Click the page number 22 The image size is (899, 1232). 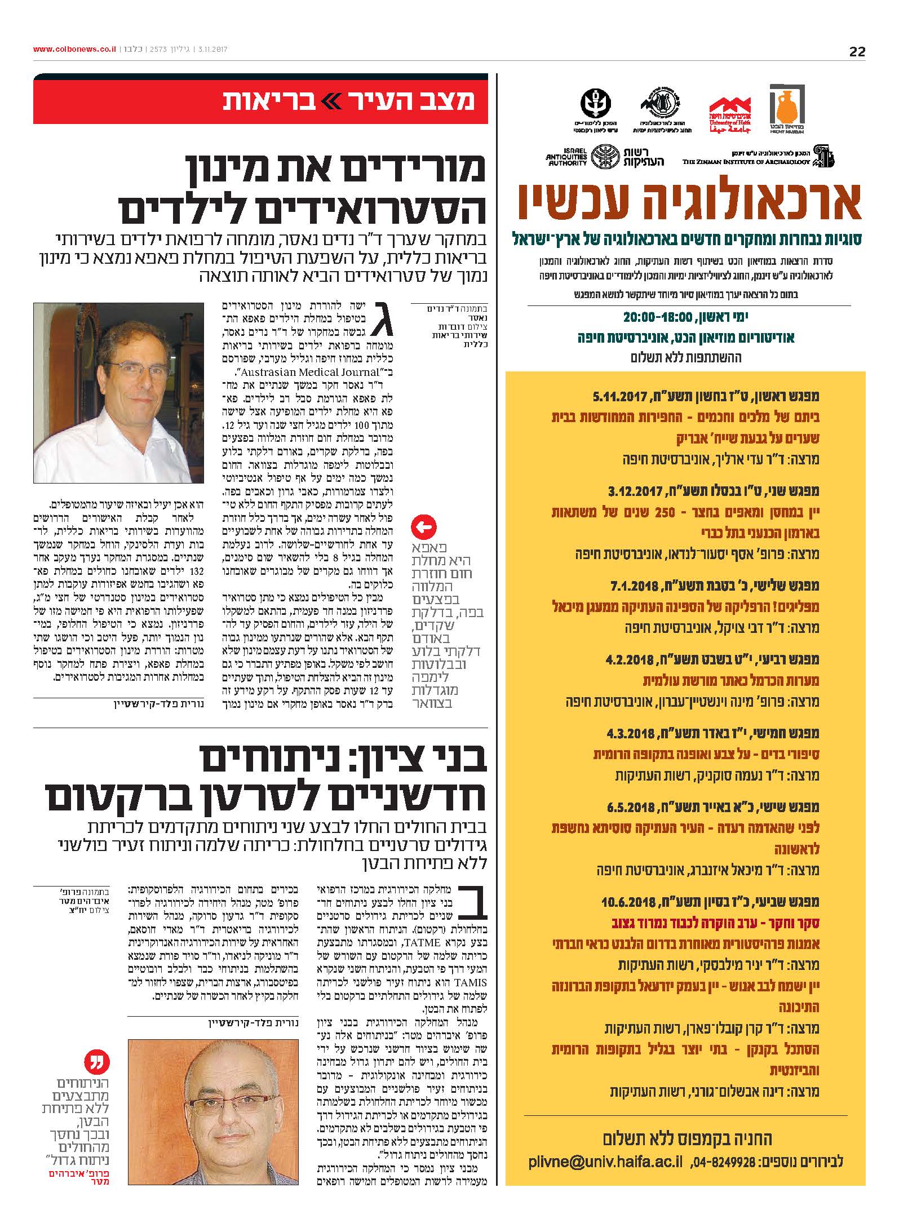pos(857,51)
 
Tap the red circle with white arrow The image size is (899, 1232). pos(423,528)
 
